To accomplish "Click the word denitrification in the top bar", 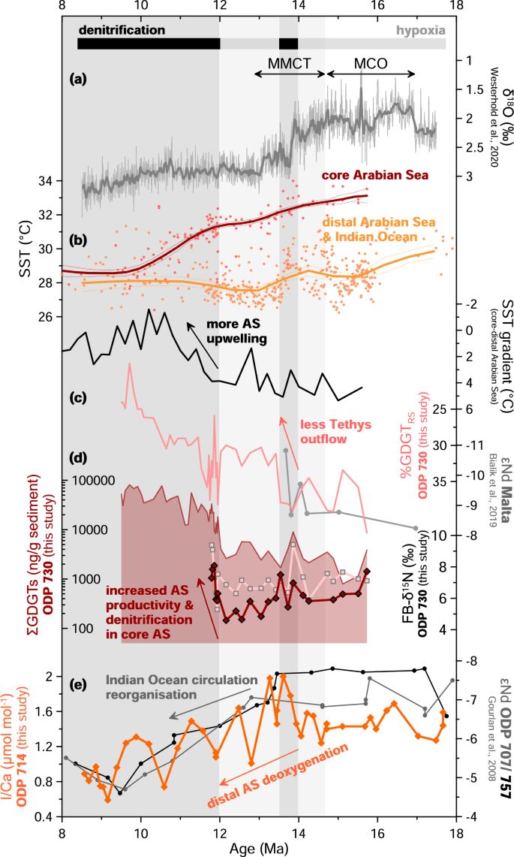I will click(121, 30).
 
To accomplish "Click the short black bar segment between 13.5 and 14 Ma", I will click(288, 44).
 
